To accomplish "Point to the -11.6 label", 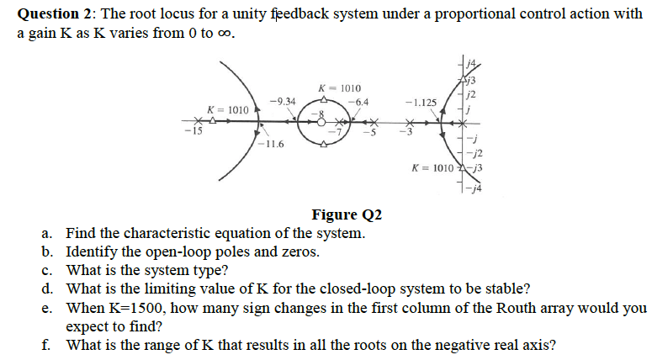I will point(271,144).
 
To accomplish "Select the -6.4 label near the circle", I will point(357,102).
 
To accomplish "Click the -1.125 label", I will point(421,103).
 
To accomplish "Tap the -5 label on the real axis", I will point(368,135).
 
